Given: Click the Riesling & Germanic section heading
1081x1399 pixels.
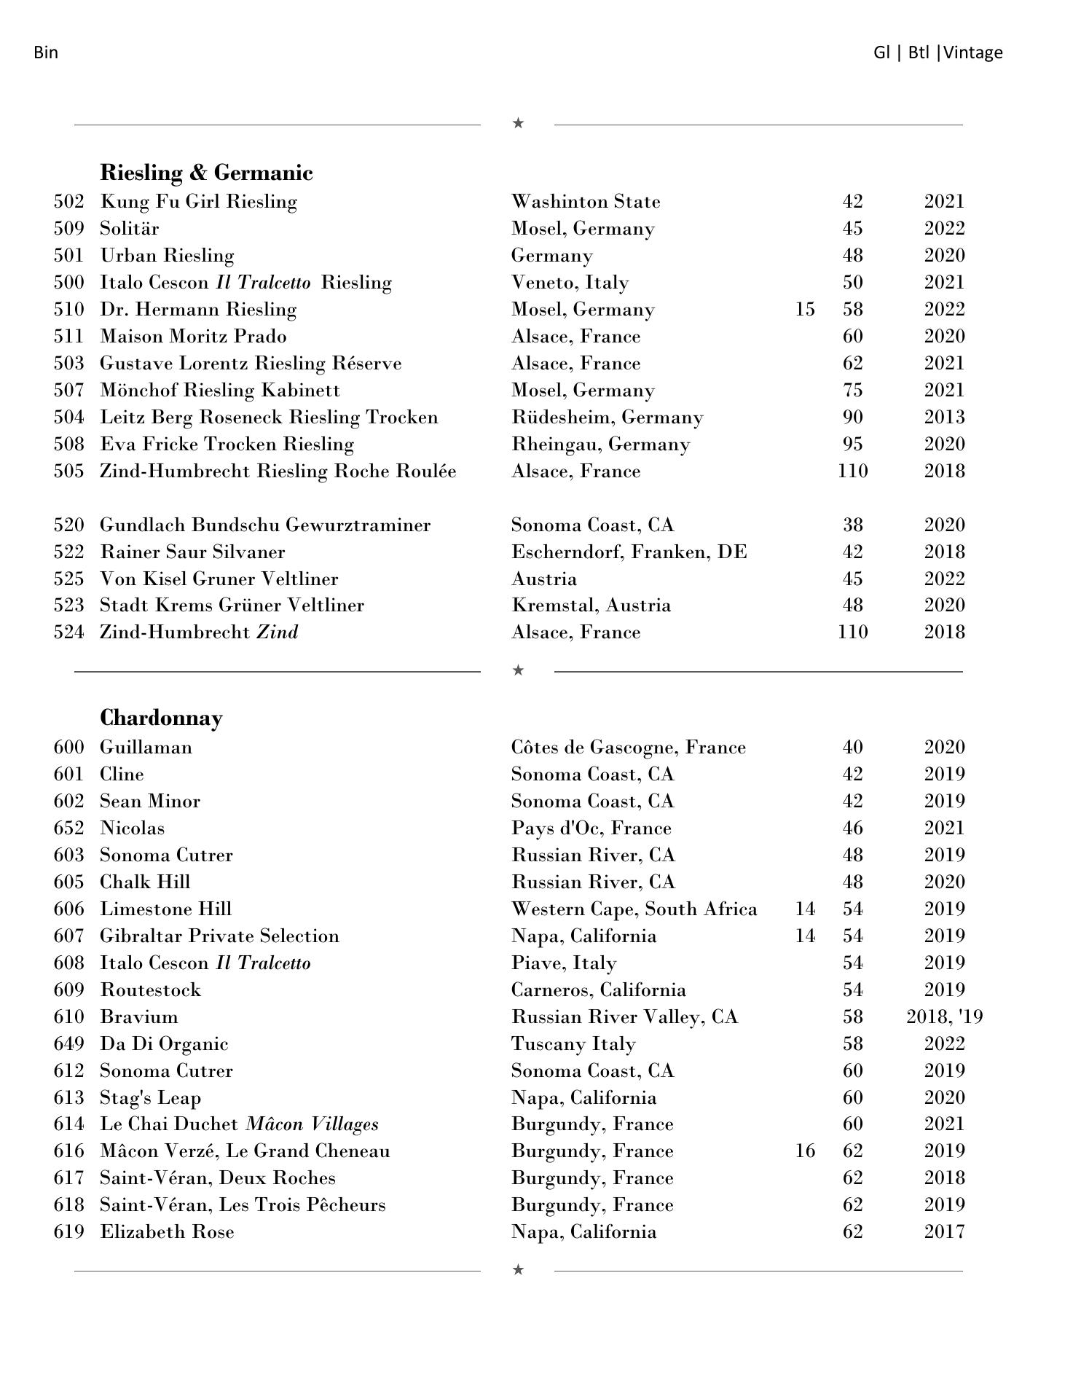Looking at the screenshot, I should [x=206, y=173].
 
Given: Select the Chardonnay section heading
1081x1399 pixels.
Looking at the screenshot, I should [x=161, y=718].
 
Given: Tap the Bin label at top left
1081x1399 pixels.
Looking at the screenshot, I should [x=45, y=52].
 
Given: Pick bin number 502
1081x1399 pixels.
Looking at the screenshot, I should [x=68, y=202].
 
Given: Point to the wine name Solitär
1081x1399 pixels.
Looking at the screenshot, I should [x=129, y=229].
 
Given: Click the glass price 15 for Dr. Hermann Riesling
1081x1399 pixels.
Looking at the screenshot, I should [x=804, y=310].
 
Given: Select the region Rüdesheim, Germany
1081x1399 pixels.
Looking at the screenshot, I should [x=607, y=418].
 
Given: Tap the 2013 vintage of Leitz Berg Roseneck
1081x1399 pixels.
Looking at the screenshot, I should [x=944, y=418].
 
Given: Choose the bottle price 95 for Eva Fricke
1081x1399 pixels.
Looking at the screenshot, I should [x=852, y=444].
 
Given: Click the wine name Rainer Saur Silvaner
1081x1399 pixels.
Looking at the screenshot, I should [x=192, y=552].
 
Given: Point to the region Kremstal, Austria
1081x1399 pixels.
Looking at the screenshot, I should [x=591, y=606].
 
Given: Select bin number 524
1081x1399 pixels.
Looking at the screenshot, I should [x=68, y=632].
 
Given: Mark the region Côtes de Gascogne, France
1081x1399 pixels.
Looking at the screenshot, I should [x=628, y=748].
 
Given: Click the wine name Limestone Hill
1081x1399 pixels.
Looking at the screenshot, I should [x=165, y=909].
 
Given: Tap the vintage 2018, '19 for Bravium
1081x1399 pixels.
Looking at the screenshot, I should [x=944, y=1017].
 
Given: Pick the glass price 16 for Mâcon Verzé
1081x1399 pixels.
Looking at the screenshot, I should [x=804, y=1151].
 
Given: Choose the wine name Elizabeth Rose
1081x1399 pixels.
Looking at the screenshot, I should [x=167, y=1232].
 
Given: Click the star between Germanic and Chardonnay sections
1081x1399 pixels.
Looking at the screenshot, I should [x=518, y=670].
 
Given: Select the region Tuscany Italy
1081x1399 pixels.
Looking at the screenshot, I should [x=573, y=1044].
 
